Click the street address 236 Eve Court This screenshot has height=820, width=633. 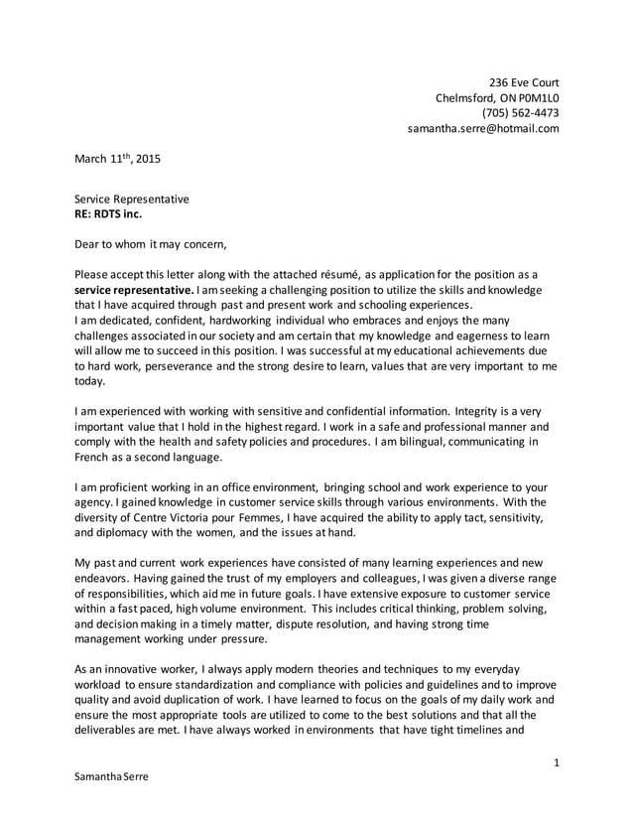[525, 81]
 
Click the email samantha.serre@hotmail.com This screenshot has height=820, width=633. [484, 128]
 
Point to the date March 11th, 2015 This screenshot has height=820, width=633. [117, 158]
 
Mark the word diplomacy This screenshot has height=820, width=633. [126, 534]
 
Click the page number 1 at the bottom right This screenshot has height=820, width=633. [557, 762]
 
